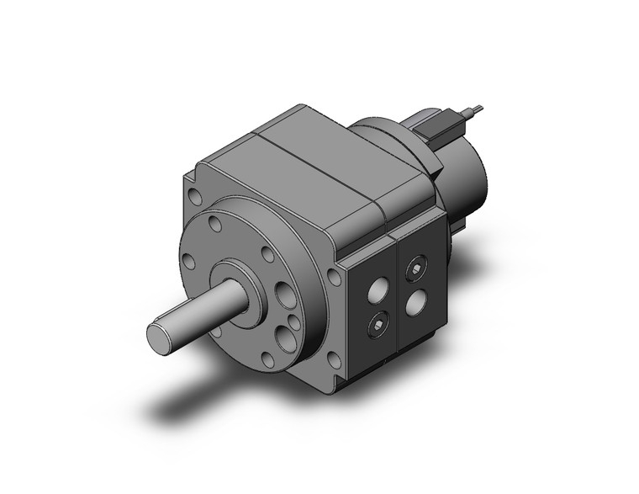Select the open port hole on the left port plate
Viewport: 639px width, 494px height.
pyautogui.click(x=378, y=290)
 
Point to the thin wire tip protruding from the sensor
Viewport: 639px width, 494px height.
pyautogui.click(x=478, y=108)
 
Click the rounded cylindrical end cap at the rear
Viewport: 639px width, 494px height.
pyautogui.click(x=471, y=173)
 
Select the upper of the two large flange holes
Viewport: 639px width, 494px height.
pyautogui.click(x=283, y=295)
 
